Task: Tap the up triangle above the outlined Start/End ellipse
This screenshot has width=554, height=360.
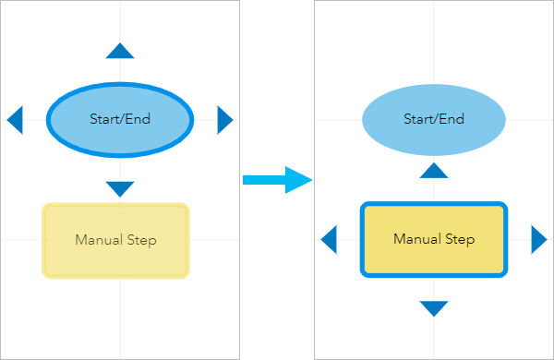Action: [120, 51]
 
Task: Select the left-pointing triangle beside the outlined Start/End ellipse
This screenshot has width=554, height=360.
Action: [15, 119]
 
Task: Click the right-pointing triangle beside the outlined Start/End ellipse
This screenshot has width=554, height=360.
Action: [224, 119]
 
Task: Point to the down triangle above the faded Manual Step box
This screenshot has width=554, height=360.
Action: [120, 188]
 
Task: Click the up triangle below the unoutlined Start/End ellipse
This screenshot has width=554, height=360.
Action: [434, 170]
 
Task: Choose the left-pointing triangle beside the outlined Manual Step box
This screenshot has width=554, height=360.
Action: [329, 240]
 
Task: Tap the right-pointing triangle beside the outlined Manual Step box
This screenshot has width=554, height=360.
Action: [538, 240]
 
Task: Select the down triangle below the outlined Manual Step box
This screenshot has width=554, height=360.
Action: [434, 308]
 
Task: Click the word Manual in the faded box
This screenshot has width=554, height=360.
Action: [99, 240]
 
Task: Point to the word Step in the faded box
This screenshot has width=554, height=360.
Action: [139, 240]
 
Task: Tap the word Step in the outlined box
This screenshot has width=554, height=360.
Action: [458, 240]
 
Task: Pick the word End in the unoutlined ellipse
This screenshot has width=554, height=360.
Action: [452, 119]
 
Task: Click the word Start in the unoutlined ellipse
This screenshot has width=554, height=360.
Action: [419, 119]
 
